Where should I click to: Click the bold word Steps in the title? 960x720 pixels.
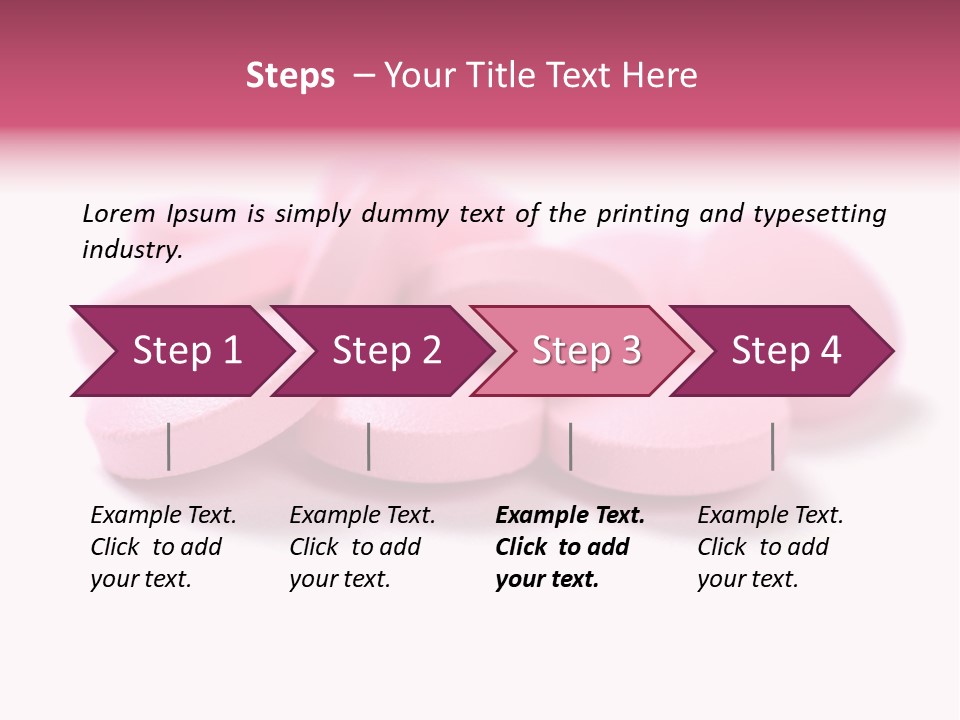coord(290,76)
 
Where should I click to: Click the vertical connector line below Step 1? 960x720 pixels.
coord(169,446)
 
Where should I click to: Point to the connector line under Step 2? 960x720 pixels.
coord(369,446)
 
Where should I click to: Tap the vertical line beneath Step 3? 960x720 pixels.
coord(570,446)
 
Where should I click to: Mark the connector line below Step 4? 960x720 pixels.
coord(772,446)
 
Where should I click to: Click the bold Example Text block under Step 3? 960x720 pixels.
coord(568,547)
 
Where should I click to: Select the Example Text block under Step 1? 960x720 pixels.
coord(162,547)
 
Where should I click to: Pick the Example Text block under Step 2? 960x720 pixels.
coord(361,547)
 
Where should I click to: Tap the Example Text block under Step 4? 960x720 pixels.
coord(769,547)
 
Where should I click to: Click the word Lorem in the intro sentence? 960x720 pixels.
coord(119,213)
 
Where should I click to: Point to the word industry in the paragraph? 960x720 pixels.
coord(131,250)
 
